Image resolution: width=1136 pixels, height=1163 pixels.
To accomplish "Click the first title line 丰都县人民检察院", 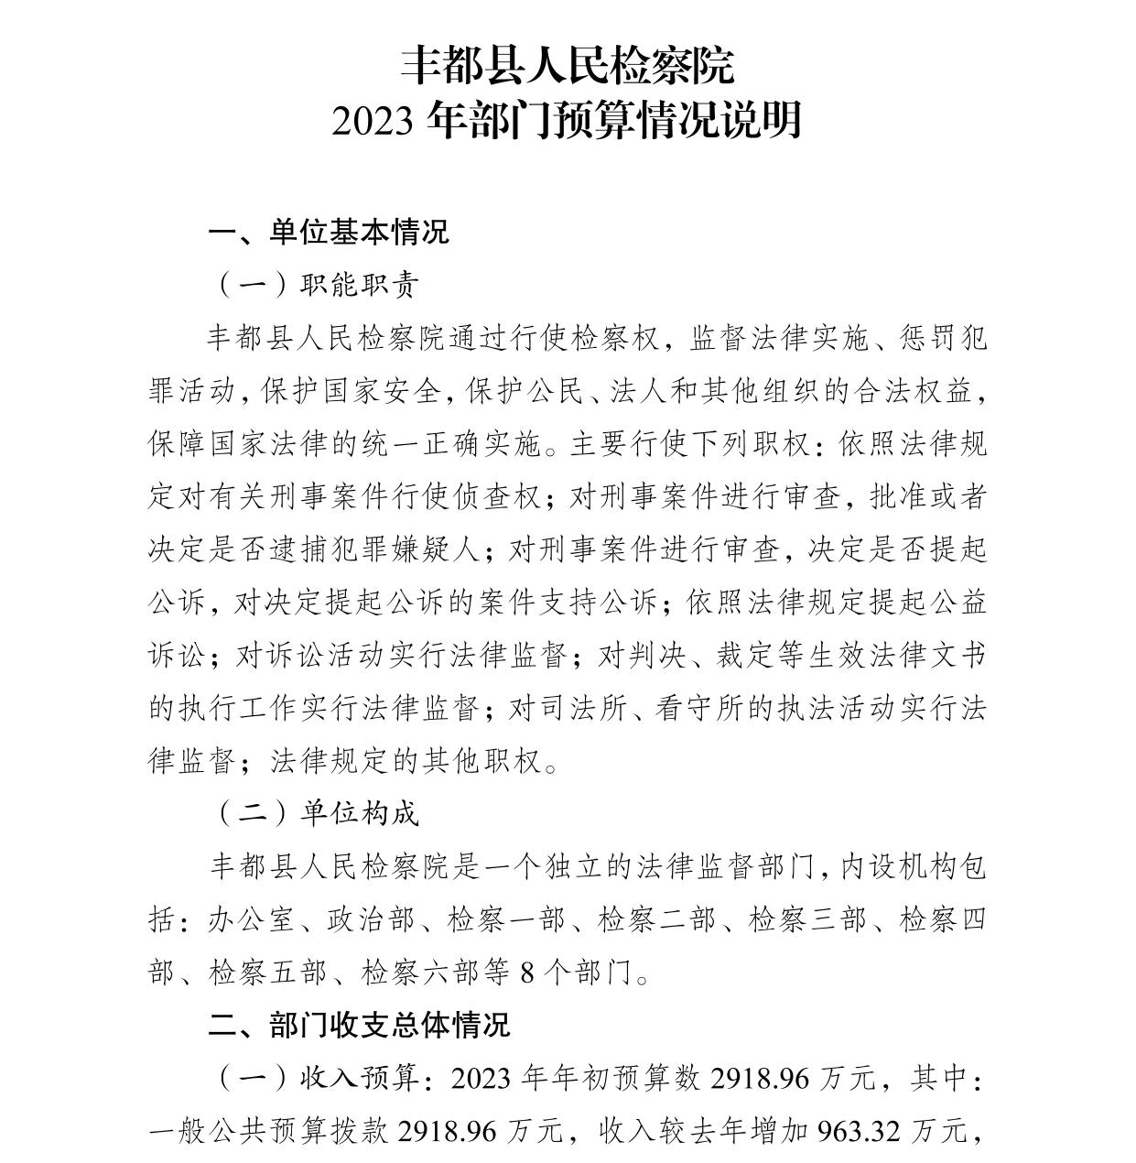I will pyautogui.click(x=568, y=66).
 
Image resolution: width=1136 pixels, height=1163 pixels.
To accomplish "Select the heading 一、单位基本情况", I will pyautogui.click(x=329, y=232).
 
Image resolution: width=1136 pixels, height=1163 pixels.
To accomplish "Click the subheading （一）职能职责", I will pyautogui.click(x=316, y=285).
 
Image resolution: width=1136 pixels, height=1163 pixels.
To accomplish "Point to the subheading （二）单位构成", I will pyautogui.click(x=316, y=812).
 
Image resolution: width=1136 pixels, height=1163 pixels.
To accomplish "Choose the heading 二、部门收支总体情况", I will pyautogui.click(x=359, y=1025).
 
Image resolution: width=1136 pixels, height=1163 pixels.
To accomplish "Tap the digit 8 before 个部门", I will pyautogui.click(x=526, y=972).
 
